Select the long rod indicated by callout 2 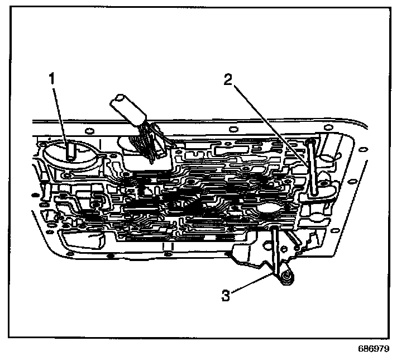point(312,168)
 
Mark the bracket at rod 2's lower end point(316,195)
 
